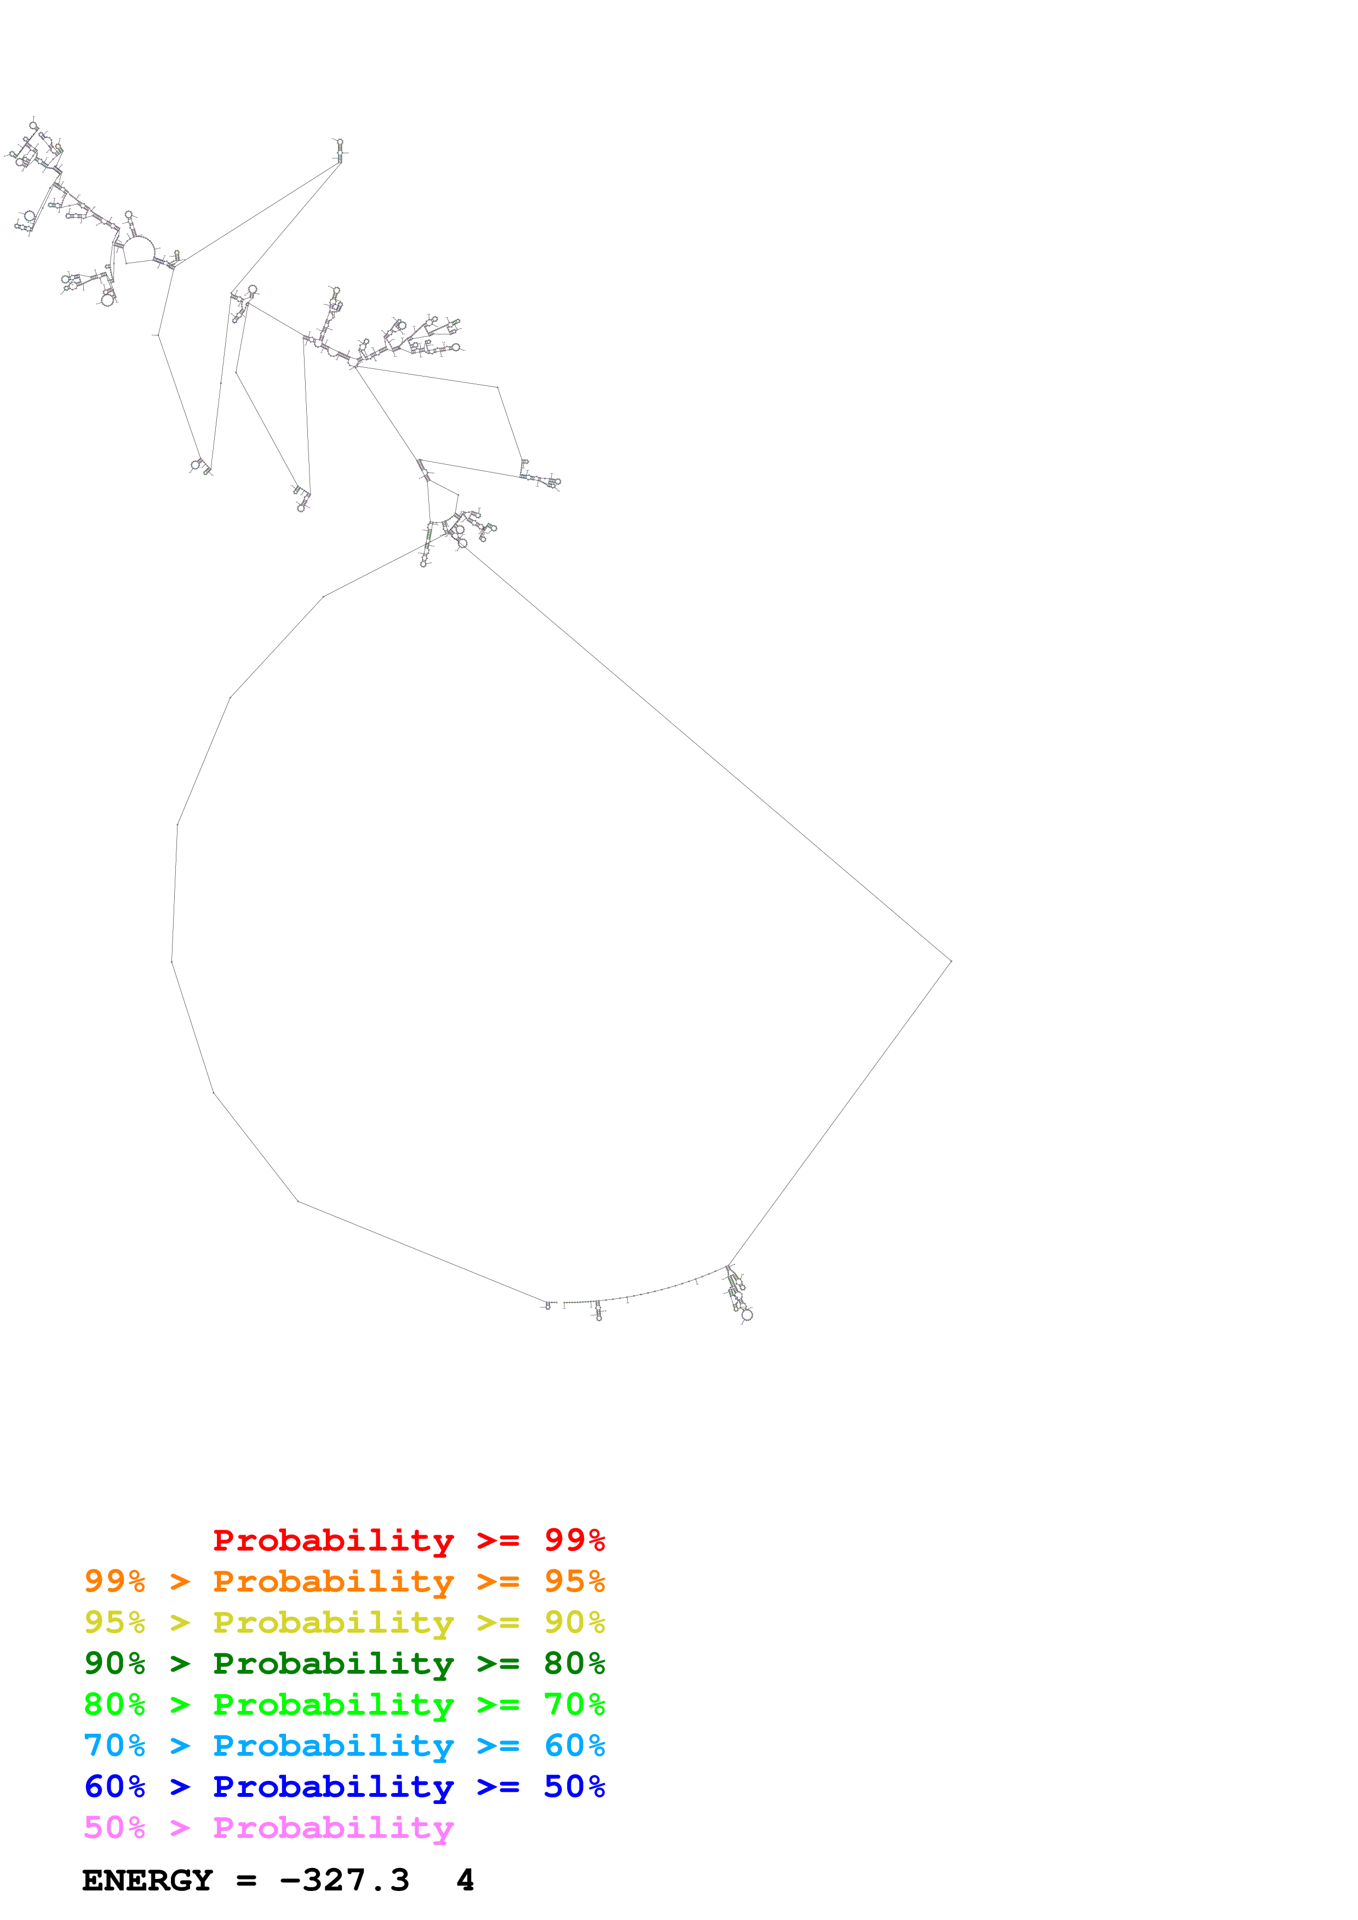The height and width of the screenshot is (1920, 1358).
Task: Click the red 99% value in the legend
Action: (574, 1540)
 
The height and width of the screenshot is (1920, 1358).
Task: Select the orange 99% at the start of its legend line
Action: (114, 1581)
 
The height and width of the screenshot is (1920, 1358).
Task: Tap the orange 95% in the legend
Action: (574, 1581)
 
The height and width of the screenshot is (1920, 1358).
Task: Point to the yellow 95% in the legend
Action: (114, 1622)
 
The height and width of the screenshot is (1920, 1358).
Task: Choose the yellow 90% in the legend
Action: (574, 1622)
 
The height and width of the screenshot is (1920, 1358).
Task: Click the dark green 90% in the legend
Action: (114, 1663)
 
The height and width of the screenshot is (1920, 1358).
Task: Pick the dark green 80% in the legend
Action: (574, 1663)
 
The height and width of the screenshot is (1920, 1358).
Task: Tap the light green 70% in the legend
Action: (574, 1704)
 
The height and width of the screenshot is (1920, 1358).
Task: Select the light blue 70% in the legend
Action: (114, 1745)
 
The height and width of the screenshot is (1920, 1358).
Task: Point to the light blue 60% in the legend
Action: (574, 1745)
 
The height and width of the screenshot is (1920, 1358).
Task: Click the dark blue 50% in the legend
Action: (574, 1786)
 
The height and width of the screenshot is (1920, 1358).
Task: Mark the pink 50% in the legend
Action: (114, 1827)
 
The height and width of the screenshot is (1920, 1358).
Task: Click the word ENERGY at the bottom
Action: (147, 1881)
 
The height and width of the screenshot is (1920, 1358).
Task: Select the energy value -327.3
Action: (344, 1881)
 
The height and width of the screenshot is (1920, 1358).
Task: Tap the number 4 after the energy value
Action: (465, 1881)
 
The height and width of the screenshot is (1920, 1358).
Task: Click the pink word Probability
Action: (333, 1827)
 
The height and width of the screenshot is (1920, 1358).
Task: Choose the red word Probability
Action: (333, 1540)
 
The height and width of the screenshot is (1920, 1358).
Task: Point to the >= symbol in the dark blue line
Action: (498, 1786)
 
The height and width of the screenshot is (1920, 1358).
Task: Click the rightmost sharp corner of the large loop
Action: (952, 961)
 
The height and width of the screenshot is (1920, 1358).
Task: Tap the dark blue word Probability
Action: (333, 1786)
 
